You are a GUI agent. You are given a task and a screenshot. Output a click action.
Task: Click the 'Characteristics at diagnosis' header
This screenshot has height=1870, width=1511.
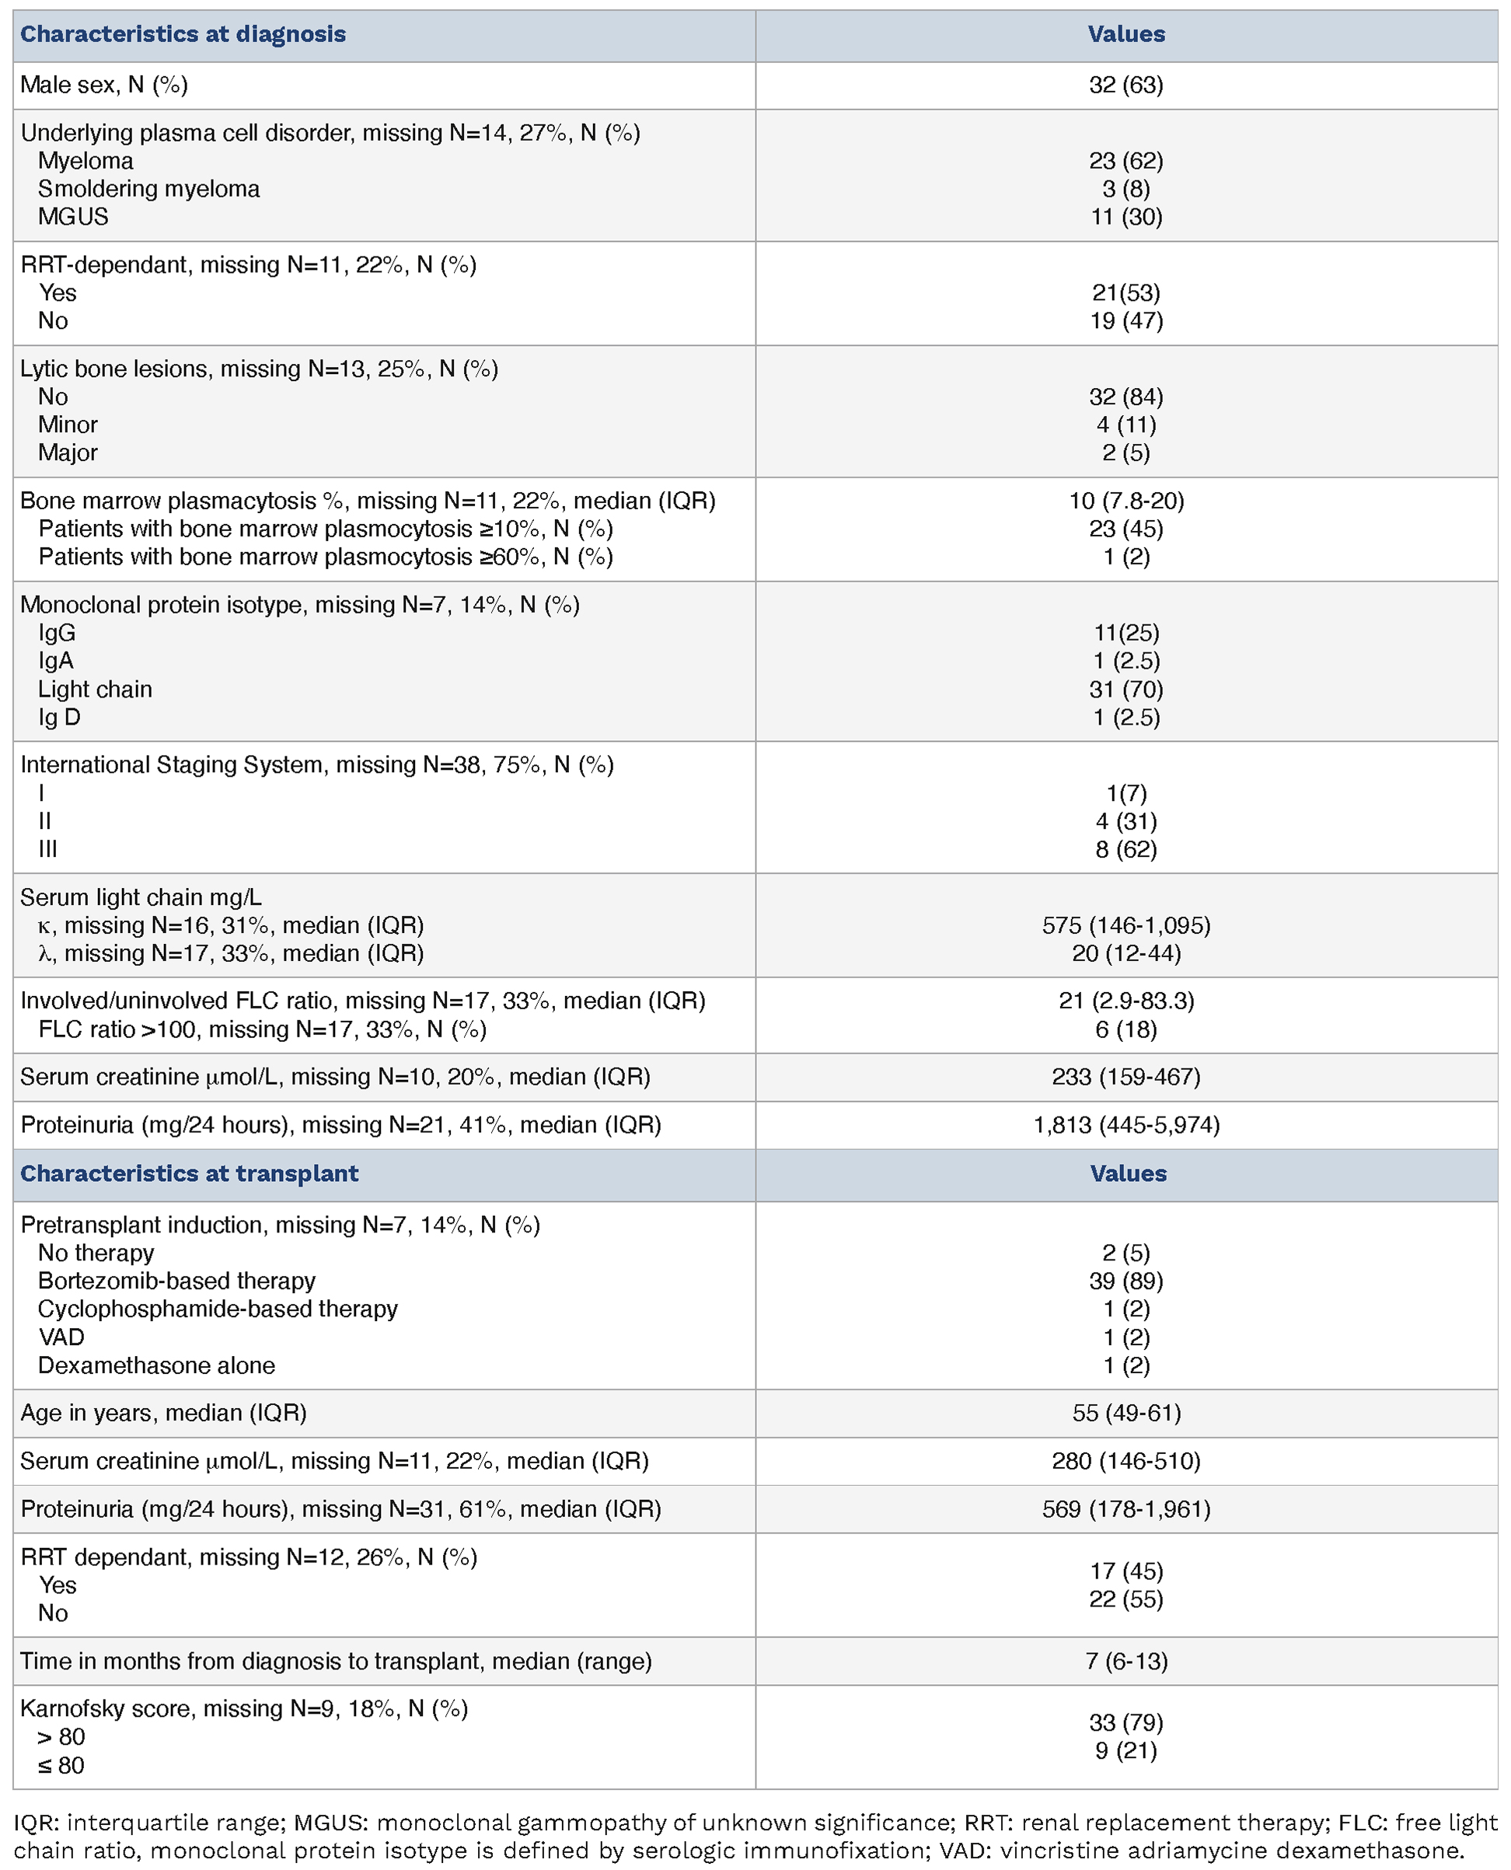click(x=183, y=34)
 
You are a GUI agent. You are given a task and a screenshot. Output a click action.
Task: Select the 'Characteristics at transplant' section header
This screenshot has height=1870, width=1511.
click(x=189, y=1173)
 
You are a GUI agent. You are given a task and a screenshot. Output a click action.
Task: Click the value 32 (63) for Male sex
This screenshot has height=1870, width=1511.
click(x=1125, y=85)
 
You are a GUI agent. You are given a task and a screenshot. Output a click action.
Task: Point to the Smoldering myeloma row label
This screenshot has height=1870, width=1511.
click(x=148, y=189)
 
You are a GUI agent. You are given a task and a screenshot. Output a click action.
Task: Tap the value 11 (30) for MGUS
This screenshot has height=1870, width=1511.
click(x=1126, y=217)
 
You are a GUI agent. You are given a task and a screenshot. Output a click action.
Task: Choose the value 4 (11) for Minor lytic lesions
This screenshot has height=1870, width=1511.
click(x=1126, y=425)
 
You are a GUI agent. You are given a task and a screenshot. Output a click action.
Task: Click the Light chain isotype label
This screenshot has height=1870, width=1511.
click(x=95, y=690)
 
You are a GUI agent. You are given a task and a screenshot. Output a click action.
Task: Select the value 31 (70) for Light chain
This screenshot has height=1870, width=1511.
click(x=1126, y=690)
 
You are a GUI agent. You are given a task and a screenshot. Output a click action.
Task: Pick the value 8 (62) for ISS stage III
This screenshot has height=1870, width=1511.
click(x=1126, y=849)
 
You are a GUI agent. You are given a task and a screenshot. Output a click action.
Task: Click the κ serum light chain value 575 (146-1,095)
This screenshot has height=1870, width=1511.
click(x=1126, y=925)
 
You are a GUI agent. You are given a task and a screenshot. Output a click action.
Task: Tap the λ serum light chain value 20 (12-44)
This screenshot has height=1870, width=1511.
click(x=1126, y=953)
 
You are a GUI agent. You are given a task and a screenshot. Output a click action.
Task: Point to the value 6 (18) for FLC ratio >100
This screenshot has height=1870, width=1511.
click(x=1126, y=1030)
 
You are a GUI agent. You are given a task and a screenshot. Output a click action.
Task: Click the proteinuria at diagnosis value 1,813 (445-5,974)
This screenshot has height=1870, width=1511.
click(x=1126, y=1125)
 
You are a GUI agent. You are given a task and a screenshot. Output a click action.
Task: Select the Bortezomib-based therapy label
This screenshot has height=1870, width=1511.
click(x=176, y=1281)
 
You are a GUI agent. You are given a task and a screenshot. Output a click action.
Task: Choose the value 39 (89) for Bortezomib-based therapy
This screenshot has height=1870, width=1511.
click(x=1126, y=1281)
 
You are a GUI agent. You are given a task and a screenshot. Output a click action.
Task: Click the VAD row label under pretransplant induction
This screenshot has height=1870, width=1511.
click(x=61, y=1337)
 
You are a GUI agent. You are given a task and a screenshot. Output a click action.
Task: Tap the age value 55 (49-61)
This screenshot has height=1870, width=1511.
click(x=1126, y=1413)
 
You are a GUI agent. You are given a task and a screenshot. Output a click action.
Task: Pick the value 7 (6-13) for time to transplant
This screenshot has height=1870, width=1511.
click(x=1126, y=1661)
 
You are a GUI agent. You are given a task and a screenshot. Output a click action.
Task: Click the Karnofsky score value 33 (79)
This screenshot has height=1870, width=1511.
click(x=1126, y=1723)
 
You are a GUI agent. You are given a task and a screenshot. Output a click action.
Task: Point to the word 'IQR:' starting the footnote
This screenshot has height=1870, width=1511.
click(x=37, y=1823)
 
